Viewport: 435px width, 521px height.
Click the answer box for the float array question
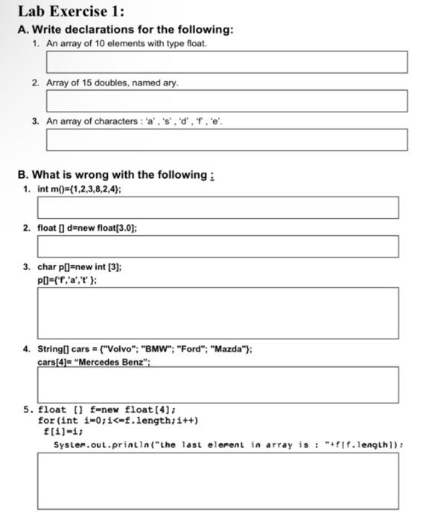(x=226, y=62)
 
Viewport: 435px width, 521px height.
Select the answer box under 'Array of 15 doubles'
(x=226, y=100)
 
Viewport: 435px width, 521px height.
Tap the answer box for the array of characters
(x=226, y=139)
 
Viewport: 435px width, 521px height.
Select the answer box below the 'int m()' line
(x=217, y=208)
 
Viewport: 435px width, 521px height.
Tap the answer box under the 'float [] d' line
(x=217, y=246)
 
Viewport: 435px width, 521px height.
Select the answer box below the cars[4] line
(x=217, y=385)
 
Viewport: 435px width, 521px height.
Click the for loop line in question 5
(x=118, y=420)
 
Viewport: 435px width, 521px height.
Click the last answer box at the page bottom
(x=217, y=481)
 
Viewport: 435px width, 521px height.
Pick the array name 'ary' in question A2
(x=170, y=82)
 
